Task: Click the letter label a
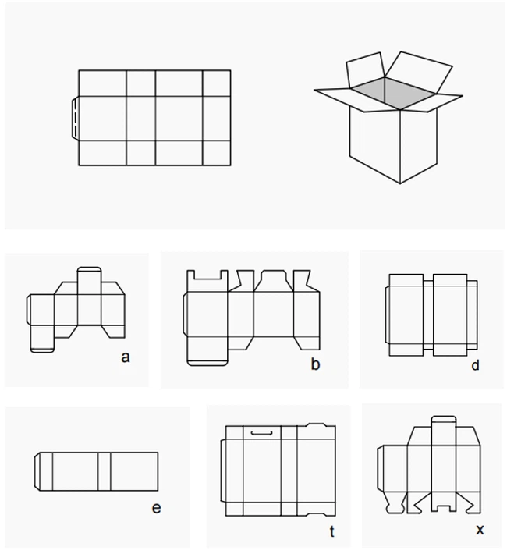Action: click(125, 357)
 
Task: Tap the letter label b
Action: click(315, 364)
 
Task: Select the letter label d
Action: click(475, 364)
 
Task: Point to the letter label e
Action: click(156, 508)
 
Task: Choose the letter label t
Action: click(331, 531)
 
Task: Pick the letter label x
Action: click(480, 530)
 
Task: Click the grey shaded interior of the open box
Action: click(392, 93)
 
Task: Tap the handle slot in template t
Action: click(261, 432)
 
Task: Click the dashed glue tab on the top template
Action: click(75, 119)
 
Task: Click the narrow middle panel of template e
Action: click(105, 471)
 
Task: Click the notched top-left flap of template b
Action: click(207, 281)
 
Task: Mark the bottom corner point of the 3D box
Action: click(400, 183)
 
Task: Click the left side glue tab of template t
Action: click(223, 471)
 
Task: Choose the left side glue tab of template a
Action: click(29, 310)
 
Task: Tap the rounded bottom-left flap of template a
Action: click(42, 339)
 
